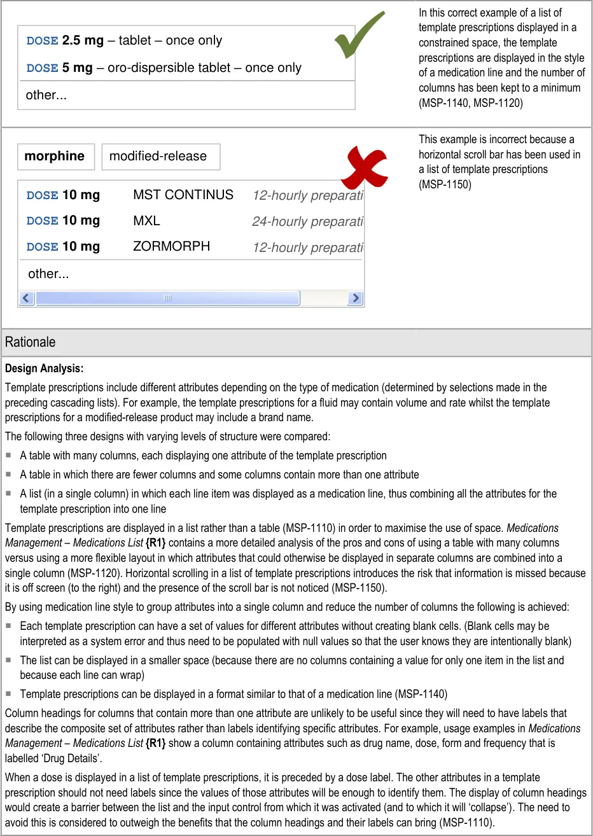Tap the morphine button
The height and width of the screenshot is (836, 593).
click(55, 157)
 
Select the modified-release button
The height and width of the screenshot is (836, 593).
click(158, 157)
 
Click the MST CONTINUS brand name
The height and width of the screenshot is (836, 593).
click(183, 195)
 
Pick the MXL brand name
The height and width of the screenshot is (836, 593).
click(146, 221)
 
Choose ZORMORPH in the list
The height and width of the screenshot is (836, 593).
click(171, 246)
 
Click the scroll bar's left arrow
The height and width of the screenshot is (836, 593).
click(26, 298)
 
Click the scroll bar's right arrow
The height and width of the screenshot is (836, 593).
click(356, 298)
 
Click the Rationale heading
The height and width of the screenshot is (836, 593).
click(30, 342)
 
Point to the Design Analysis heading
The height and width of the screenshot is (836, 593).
click(44, 368)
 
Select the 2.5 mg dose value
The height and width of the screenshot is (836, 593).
click(83, 41)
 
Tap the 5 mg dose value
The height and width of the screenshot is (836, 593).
click(77, 68)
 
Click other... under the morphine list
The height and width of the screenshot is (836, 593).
click(48, 274)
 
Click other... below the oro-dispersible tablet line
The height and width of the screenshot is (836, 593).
click(46, 95)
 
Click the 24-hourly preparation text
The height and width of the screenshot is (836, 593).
click(307, 221)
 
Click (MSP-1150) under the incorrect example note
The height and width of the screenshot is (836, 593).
click(445, 185)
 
